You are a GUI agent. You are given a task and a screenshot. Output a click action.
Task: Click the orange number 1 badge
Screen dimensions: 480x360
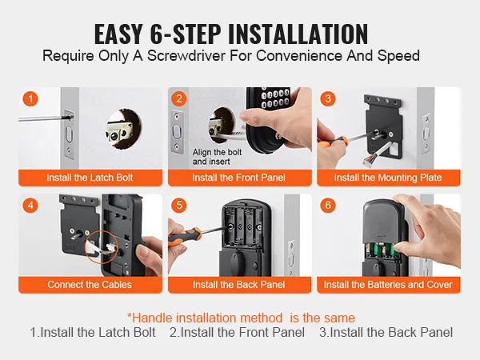click(x=30, y=99)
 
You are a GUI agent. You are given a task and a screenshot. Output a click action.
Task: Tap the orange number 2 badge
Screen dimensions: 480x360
click(x=179, y=98)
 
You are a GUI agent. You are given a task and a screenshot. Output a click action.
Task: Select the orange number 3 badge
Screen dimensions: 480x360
click(x=328, y=98)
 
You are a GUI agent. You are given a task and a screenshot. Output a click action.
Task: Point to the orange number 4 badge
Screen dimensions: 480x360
click(x=30, y=205)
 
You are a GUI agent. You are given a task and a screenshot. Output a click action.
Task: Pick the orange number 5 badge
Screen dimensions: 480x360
click(x=179, y=205)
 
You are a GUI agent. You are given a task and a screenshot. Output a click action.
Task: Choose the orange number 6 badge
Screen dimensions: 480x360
click(x=328, y=205)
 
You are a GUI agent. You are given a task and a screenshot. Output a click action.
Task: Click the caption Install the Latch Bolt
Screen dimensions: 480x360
click(x=90, y=178)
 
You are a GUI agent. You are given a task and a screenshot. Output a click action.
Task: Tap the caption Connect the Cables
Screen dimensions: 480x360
click(x=90, y=284)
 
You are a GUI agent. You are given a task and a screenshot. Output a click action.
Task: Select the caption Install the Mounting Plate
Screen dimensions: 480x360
click(x=388, y=178)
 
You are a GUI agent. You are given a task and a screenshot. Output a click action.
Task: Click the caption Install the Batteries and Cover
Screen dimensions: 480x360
click(x=388, y=284)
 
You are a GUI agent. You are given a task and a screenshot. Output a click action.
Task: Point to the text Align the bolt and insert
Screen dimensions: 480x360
click(x=217, y=157)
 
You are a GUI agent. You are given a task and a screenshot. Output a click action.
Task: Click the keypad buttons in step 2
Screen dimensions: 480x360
click(x=275, y=98)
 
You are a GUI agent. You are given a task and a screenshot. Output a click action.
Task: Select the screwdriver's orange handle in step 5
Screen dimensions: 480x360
click(x=184, y=236)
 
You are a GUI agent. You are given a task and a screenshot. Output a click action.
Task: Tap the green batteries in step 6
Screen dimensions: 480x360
click(x=379, y=250)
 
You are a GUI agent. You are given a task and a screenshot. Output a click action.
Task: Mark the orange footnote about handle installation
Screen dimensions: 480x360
click(x=242, y=318)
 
